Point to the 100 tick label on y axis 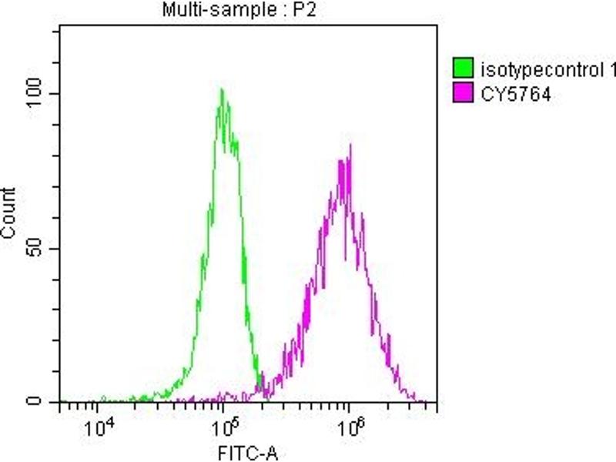37,94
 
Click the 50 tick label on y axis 40,249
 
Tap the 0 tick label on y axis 45,401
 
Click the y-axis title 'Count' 10,213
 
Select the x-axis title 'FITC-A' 246,453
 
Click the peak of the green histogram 222,90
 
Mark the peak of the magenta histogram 350,145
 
